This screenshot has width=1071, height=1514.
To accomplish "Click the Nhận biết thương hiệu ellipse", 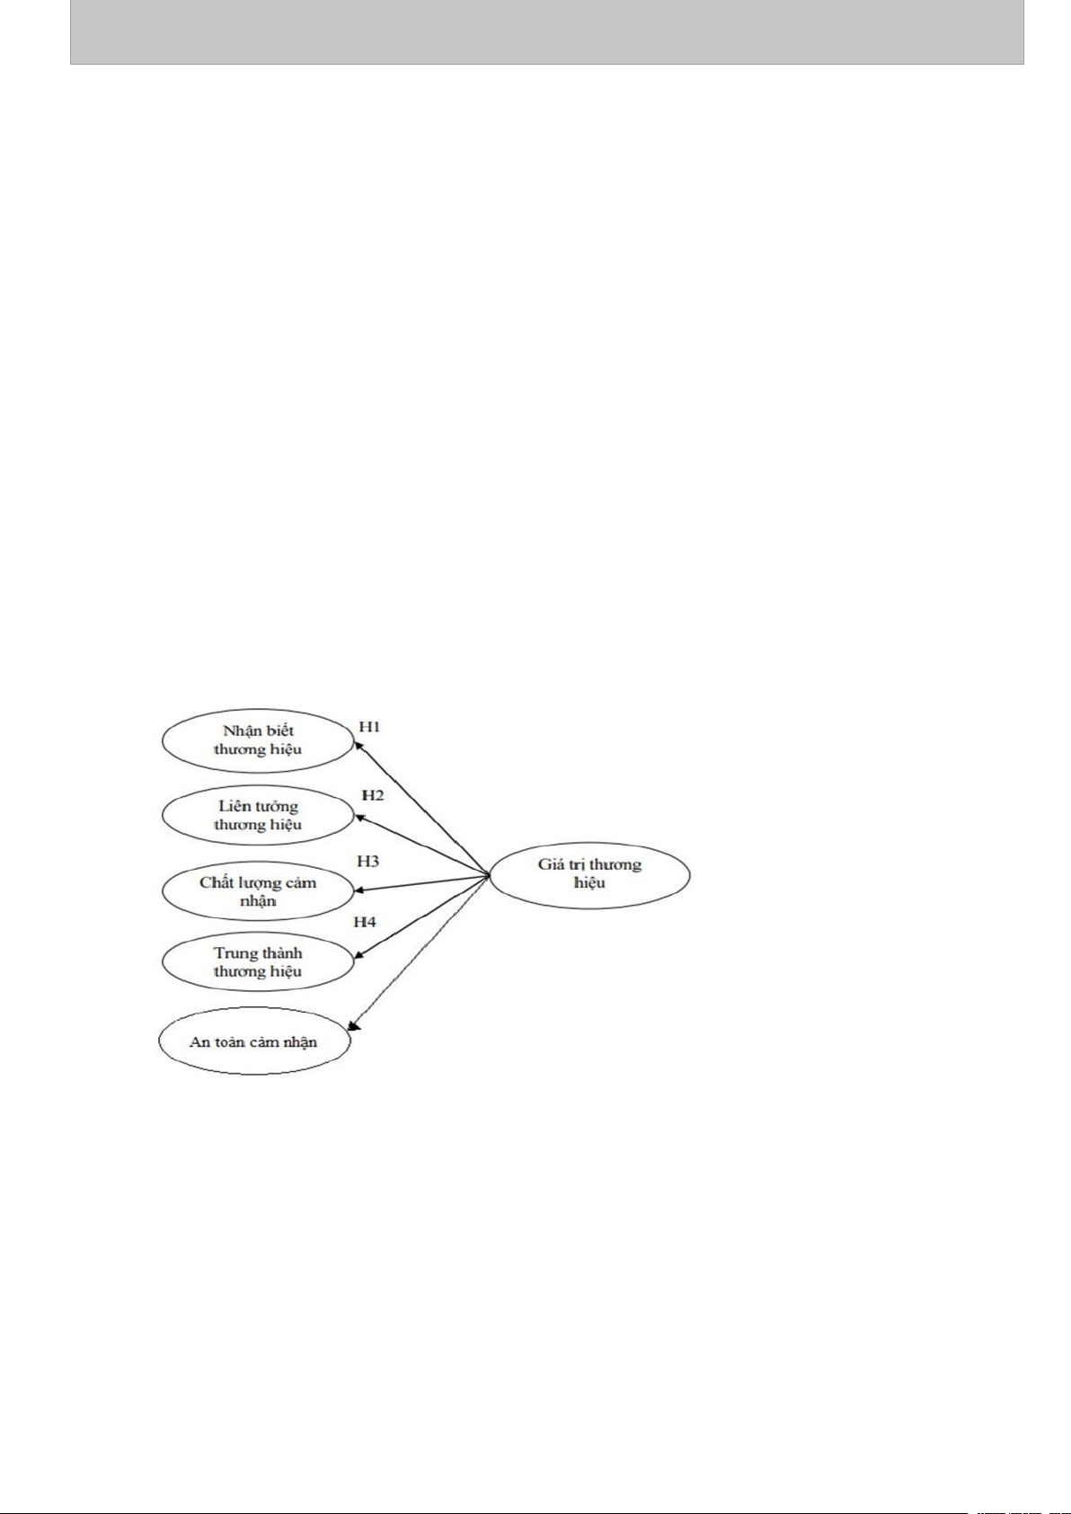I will click(258, 740).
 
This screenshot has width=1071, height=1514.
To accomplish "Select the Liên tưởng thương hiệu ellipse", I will click(258, 815).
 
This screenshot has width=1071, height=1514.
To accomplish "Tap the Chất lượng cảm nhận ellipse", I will click(258, 891).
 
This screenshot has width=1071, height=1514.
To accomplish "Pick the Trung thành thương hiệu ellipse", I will click(258, 962).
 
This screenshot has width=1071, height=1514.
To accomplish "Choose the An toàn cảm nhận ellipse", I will click(253, 1041).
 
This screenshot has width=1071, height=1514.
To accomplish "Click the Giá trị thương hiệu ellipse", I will click(589, 873).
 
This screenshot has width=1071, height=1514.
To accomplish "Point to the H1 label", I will click(369, 726).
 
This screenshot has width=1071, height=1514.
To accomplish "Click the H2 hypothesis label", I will click(372, 795).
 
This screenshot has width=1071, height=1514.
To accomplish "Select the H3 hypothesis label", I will click(367, 861).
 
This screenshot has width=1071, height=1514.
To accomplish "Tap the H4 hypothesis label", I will click(364, 922).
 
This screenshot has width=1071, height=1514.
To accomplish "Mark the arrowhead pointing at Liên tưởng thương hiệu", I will click(359, 818).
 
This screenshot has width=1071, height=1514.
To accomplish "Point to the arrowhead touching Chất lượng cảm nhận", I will click(359, 890).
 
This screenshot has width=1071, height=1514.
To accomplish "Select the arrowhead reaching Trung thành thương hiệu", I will click(359, 955).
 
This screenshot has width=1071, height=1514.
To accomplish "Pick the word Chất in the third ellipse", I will click(217, 882).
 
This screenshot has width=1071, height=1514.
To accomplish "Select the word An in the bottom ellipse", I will click(199, 1042).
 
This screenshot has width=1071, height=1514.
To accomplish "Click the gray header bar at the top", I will click(546, 31).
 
